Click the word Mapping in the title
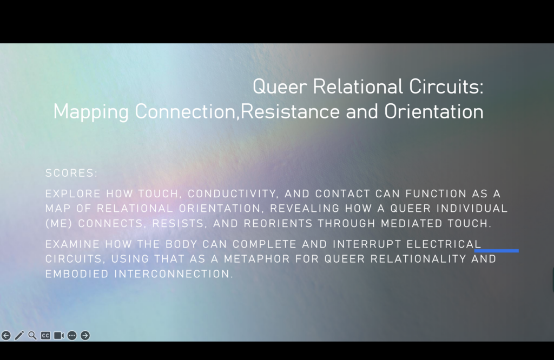[x=91, y=112]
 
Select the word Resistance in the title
[x=290, y=111]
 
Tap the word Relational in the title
[x=358, y=86]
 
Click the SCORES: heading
[x=71, y=173]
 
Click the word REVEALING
[x=305, y=208]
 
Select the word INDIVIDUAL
[x=472, y=208]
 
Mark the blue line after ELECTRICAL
[x=497, y=251]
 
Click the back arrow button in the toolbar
[x=6, y=335]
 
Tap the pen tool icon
[x=19, y=335]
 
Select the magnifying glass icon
[x=32, y=335]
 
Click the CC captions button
[x=45, y=335]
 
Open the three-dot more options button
[x=72, y=335]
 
